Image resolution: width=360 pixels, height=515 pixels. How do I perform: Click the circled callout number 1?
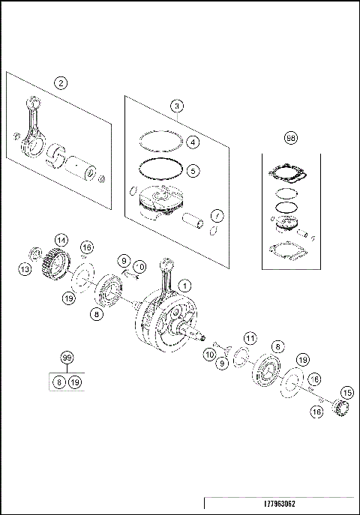(186, 285)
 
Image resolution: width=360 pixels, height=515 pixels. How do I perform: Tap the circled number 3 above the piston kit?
(176, 106)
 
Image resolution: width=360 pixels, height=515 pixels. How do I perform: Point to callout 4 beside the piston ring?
(193, 142)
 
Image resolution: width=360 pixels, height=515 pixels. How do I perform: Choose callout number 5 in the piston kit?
(193, 170)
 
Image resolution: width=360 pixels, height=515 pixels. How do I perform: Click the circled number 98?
(291, 138)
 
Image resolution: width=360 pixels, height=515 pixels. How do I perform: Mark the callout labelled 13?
(25, 268)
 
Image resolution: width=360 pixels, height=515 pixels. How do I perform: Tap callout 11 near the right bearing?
(250, 338)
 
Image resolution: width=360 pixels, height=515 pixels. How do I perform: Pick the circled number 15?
(346, 392)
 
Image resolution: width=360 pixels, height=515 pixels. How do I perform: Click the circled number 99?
(68, 361)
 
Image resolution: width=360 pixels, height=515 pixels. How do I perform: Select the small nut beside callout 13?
(34, 252)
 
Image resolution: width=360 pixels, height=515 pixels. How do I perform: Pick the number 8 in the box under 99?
(58, 382)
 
